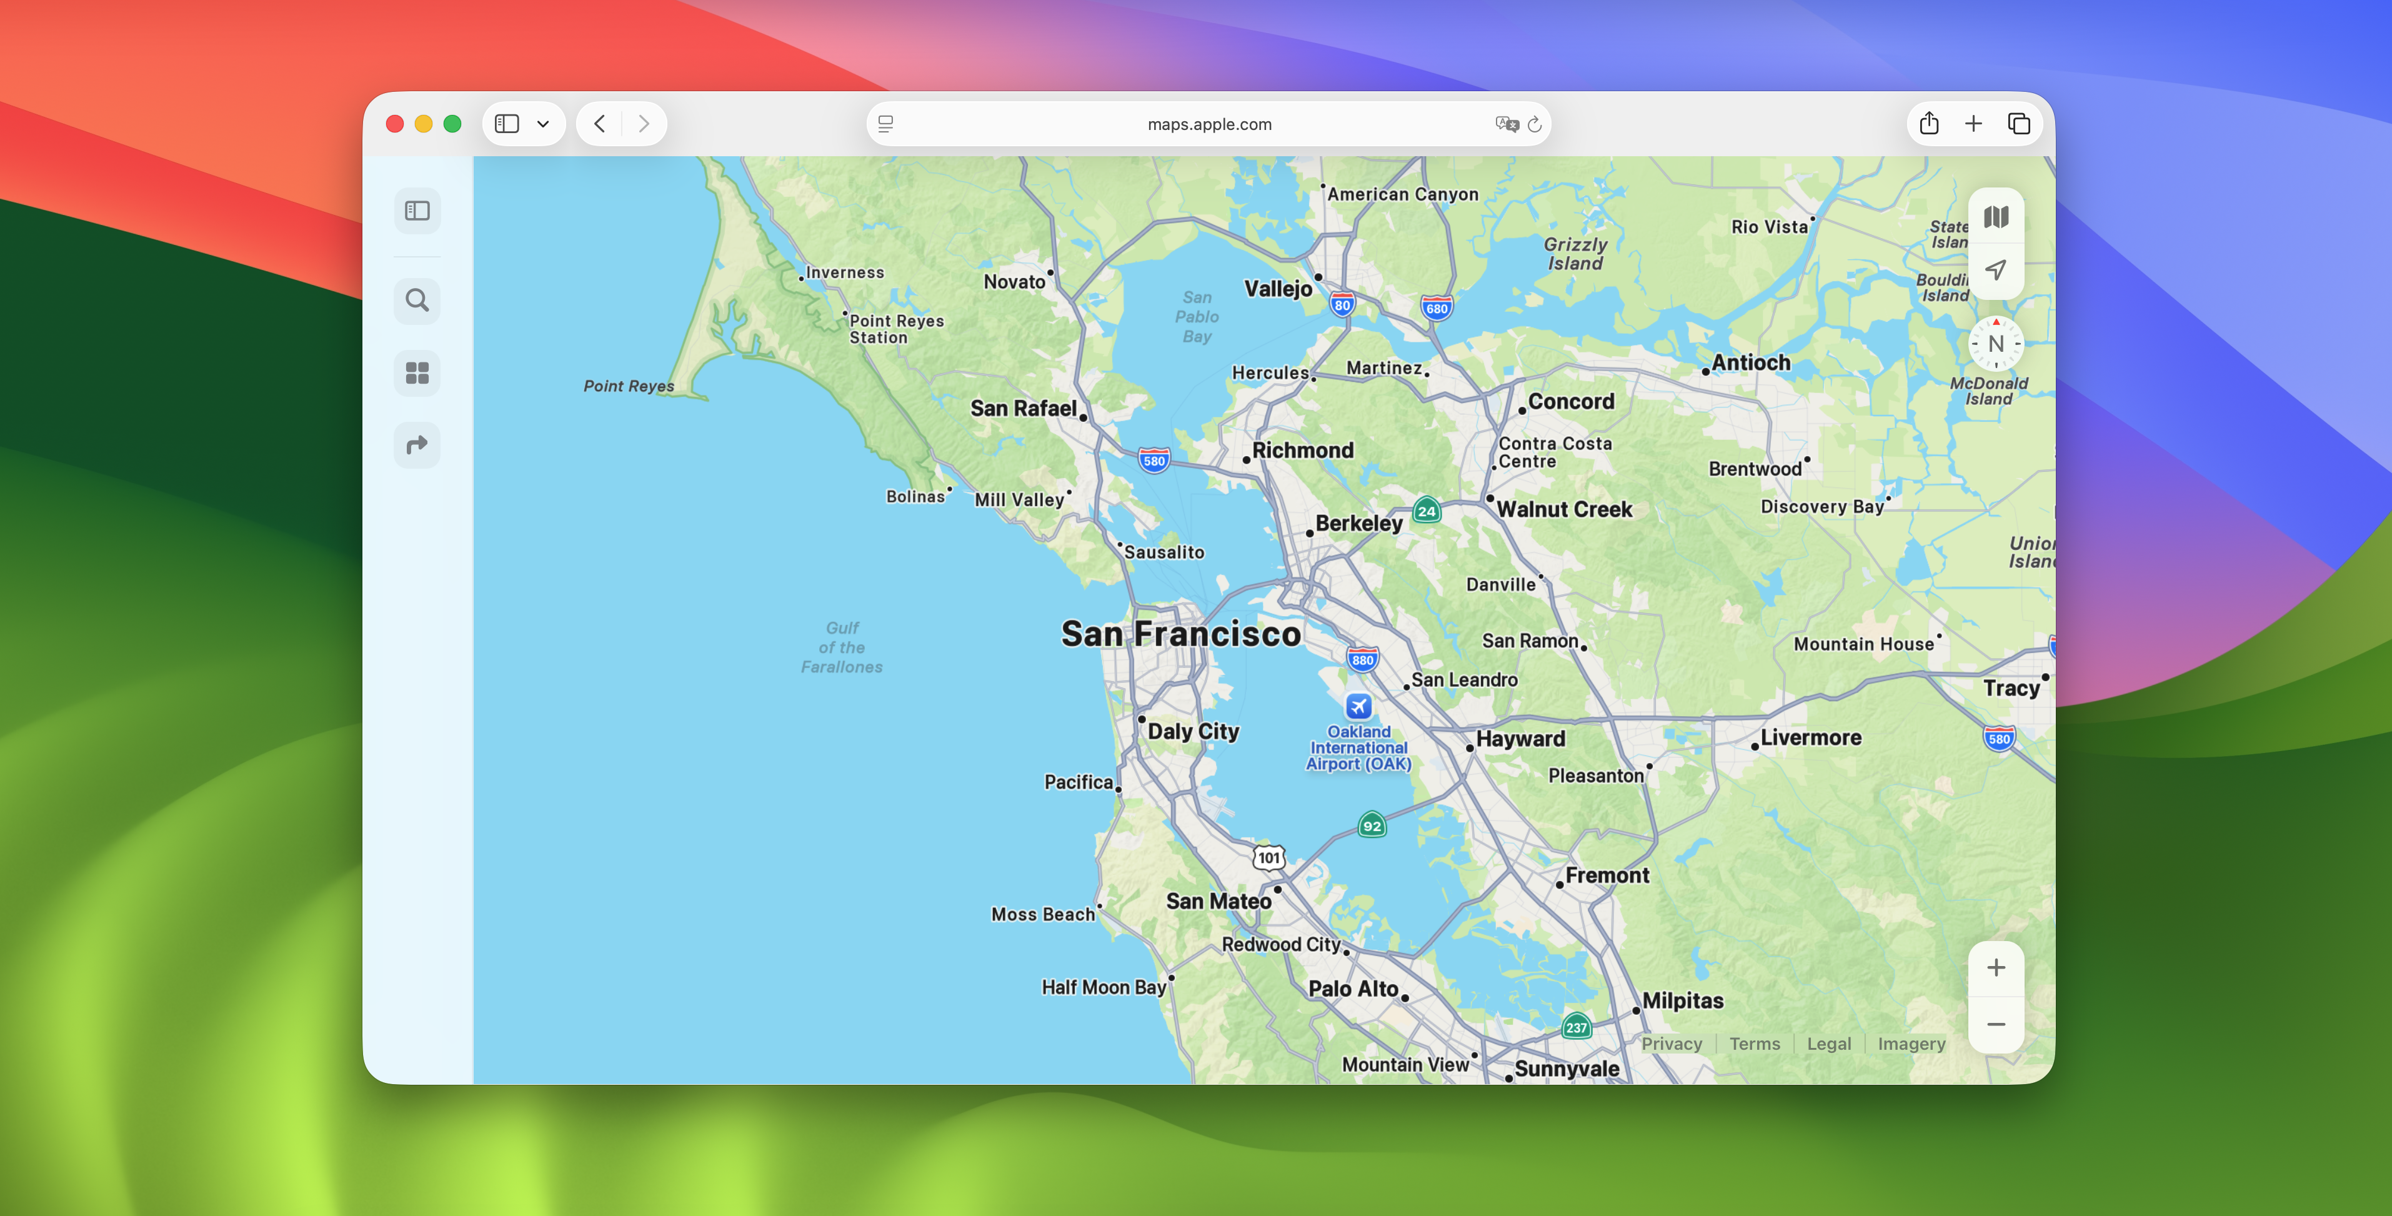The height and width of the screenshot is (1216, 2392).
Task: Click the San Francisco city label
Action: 1180,634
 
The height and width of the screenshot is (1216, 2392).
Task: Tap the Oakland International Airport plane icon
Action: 1358,706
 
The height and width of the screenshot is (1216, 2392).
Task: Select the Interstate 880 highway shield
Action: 1362,660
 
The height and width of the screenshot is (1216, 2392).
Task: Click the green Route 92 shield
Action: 1372,825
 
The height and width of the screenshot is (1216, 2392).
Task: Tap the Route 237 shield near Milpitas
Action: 1576,1027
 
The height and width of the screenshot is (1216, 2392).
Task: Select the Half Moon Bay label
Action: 1103,988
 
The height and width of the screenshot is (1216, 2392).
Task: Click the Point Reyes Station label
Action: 896,329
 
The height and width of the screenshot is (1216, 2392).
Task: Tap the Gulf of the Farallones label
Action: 841,647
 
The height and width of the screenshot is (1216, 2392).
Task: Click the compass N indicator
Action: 1995,344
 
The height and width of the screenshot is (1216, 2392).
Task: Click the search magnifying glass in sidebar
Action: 417,301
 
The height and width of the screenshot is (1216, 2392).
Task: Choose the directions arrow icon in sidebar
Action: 417,445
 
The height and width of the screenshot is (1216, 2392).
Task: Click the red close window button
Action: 395,124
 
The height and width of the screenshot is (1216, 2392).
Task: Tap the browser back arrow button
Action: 600,124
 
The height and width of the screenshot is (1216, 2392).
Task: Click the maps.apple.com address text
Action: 1209,124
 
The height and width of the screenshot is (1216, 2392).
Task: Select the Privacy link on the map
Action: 1672,1044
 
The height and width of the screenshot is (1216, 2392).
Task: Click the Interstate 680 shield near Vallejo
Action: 1435,308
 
